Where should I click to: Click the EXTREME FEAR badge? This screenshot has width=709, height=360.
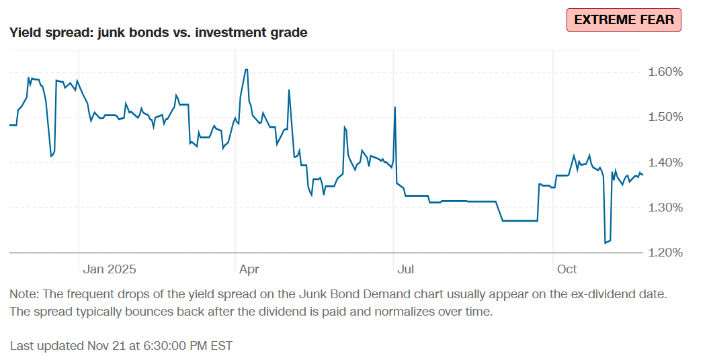click(624, 19)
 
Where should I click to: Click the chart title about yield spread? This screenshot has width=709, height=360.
click(159, 32)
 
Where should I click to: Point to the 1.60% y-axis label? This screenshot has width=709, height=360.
click(665, 72)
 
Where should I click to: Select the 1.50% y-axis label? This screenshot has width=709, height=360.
click(665, 117)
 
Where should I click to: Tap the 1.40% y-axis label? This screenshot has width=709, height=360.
click(665, 163)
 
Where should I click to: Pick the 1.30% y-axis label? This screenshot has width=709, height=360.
click(665, 208)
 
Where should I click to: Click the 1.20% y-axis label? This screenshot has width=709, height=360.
click(665, 253)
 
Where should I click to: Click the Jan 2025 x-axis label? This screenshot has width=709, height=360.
click(110, 269)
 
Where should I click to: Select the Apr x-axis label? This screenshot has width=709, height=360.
click(249, 269)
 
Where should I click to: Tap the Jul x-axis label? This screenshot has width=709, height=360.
click(405, 269)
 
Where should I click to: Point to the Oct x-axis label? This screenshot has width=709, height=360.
click(567, 269)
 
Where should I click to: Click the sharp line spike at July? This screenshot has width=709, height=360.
click(394, 107)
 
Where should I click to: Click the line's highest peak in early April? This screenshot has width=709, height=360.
click(247, 69)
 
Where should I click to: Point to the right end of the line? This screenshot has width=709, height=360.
click(642, 175)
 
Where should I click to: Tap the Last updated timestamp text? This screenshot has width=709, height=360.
click(121, 346)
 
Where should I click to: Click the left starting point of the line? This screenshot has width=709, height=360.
click(10, 125)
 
